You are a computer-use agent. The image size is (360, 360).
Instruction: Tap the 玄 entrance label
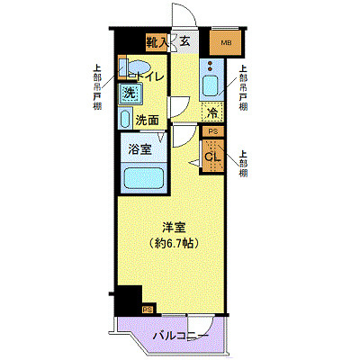point(184,40)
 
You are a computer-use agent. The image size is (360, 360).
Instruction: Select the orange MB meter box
point(221,40)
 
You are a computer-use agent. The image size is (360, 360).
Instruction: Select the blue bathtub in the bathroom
point(144,177)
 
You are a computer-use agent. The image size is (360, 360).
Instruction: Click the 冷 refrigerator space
point(212,113)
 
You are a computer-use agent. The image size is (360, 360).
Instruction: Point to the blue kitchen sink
point(212,87)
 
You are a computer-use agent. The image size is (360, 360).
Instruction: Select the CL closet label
point(212,158)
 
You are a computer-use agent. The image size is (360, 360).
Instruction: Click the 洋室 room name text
point(174,228)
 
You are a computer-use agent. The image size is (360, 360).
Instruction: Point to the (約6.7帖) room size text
point(174,243)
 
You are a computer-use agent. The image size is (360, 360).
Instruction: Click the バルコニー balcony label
point(180,336)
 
